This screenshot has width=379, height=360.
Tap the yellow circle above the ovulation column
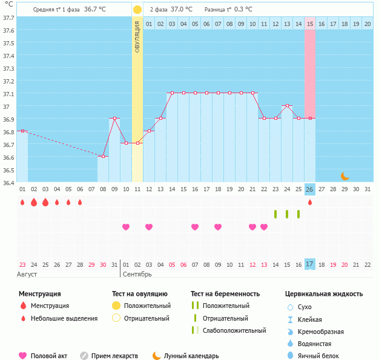[x=137, y=10]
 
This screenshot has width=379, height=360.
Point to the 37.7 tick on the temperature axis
[x=8, y=18]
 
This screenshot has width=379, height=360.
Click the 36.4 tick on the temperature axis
[x=8, y=182]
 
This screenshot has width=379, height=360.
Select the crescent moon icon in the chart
[x=344, y=176]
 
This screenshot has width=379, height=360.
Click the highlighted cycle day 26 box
[x=310, y=189]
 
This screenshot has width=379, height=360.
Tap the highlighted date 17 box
[x=310, y=264]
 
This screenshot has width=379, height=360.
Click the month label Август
[x=27, y=275]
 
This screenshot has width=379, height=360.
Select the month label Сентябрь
[x=137, y=275]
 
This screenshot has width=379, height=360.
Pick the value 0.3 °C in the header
[x=243, y=10]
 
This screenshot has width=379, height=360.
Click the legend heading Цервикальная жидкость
[x=324, y=294]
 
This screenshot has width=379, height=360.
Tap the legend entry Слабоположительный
[x=234, y=330]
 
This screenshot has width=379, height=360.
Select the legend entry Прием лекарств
[x=114, y=356]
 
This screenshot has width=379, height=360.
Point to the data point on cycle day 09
[x=114, y=119]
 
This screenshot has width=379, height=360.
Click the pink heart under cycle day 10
[x=126, y=227]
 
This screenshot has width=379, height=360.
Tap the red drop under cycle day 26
[x=310, y=202]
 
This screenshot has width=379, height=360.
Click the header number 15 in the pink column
[x=310, y=24]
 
